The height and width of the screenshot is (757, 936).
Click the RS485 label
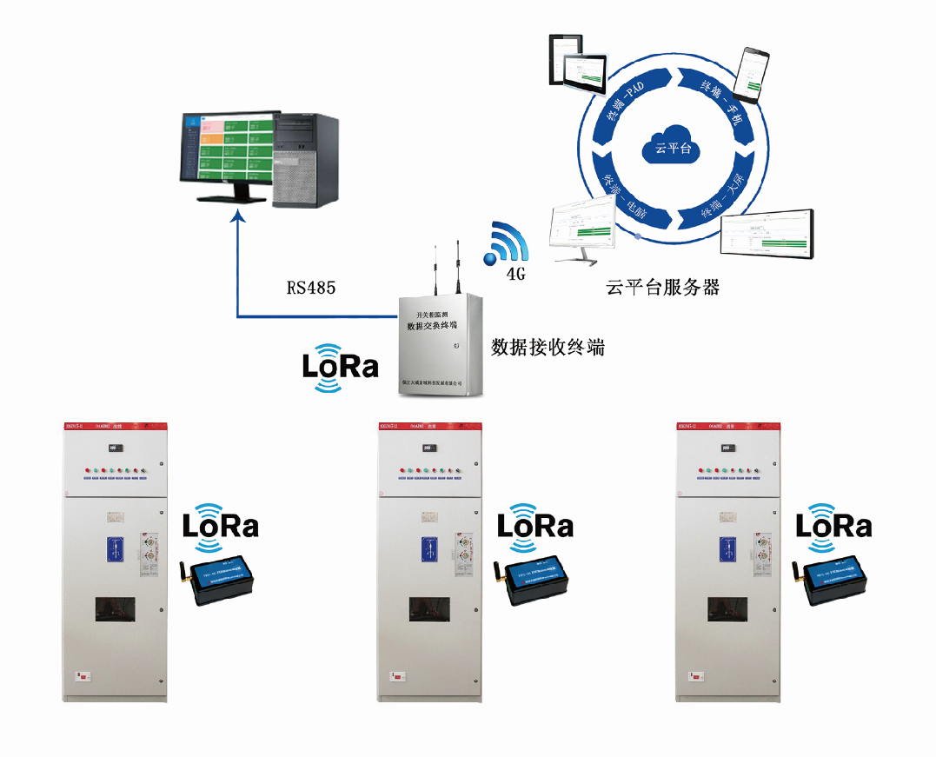click(x=310, y=286)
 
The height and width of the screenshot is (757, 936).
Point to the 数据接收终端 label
click(x=548, y=348)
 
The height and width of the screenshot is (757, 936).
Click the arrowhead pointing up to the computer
click(x=237, y=222)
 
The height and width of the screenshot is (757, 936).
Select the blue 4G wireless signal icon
click(x=506, y=245)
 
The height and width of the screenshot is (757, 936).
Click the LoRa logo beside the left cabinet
click(x=220, y=524)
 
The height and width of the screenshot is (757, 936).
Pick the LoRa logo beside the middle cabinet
click(x=534, y=524)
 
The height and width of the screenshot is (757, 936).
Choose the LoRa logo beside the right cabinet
click(x=833, y=524)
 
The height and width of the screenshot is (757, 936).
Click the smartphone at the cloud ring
click(x=752, y=72)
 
